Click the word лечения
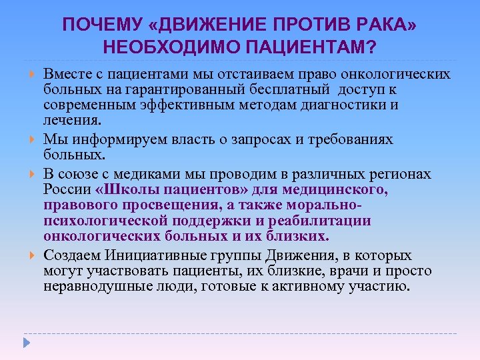coord(73,121)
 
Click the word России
coord(65,189)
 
